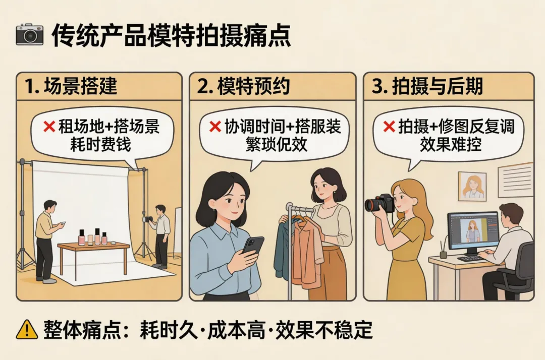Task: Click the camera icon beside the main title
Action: point(30,34)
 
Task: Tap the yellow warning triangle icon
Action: point(27,329)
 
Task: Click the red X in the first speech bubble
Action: point(49,127)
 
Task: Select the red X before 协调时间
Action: point(215,127)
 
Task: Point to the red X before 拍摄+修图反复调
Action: point(389,127)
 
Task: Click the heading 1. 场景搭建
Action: point(71,86)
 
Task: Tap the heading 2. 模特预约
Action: point(243,86)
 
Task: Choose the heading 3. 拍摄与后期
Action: point(427,86)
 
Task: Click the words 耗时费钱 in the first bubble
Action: point(100,144)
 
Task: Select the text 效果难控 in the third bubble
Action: point(451,144)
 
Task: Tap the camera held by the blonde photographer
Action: point(379,204)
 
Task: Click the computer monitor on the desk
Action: point(473,232)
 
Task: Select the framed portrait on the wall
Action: point(472,187)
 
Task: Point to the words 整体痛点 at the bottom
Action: point(82,330)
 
